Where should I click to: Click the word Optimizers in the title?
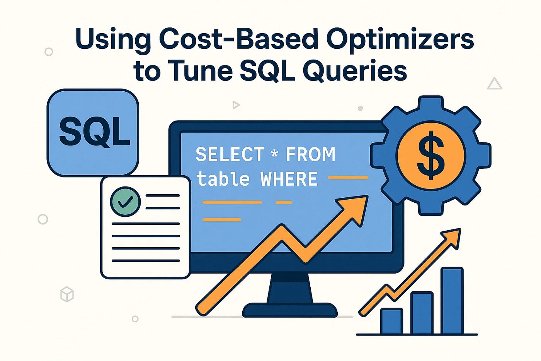tap(400, 39)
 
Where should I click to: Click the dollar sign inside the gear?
tap(431, 156)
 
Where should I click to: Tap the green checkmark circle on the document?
tap(125, 202)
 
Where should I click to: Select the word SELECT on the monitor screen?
tap(230, 155)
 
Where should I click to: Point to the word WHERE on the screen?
tap(289, 179)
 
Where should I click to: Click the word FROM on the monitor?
tap(310, 155)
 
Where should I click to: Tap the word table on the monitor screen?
tap(223, 179)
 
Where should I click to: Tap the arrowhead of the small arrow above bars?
tap(453, 236)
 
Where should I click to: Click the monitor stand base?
tap(290, 310)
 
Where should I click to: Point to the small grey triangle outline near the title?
tap(494, 84)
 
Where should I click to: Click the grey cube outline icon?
tap(67, 294)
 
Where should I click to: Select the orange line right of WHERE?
tap(348, 178)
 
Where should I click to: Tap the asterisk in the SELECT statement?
tap(274, 154)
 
